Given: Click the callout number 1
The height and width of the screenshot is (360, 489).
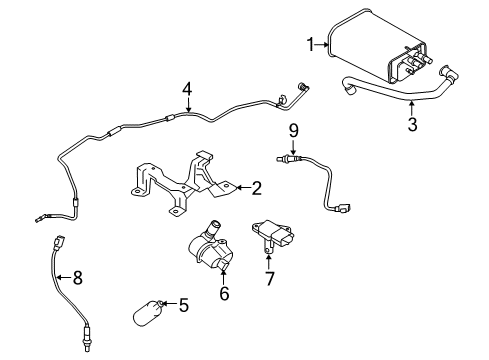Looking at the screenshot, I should [311, 43].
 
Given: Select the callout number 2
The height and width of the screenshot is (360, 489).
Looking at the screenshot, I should [256, 186].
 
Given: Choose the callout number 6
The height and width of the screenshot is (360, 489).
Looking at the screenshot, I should [223, 294].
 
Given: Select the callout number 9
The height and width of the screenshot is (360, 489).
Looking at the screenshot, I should [293, 129].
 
